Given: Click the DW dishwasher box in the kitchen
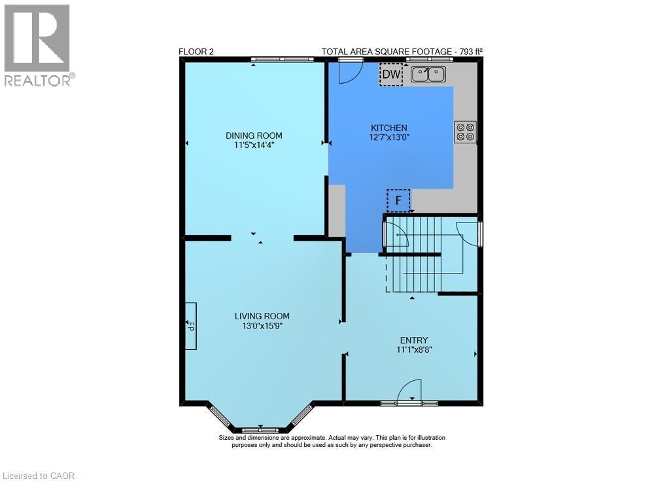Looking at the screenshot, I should coord(391,75).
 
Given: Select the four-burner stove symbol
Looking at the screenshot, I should coord(466,132).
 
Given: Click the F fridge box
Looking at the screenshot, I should coord(398,200).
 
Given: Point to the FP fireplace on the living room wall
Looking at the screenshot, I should coord(190,325).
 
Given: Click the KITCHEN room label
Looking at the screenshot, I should coord(389,128).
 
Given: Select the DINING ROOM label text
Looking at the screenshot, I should coord(254,135).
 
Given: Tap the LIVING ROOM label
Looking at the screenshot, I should coord(262,316).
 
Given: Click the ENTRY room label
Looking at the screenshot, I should coord(414,340).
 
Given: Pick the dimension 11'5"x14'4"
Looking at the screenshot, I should coord(254,145).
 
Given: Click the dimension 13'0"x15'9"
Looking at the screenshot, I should coord(262,325).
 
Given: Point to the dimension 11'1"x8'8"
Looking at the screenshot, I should coord(414,349).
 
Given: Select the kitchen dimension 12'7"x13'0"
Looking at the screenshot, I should coord(389,137).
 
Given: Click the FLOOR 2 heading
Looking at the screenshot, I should coord(196,52).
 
